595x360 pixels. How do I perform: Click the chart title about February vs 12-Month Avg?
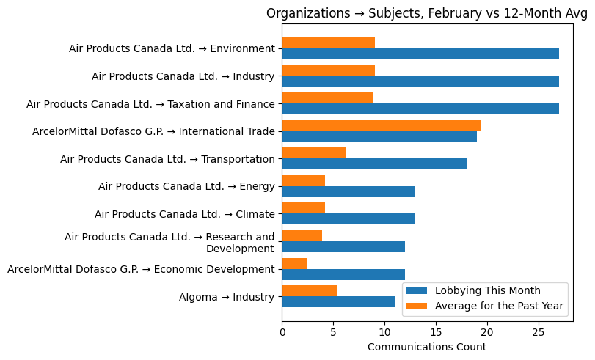point(426,13)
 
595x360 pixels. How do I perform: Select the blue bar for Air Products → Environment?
point(420,54)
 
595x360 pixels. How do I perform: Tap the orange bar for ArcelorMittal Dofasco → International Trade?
point(381,125)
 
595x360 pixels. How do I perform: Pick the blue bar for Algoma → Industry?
point(338,301)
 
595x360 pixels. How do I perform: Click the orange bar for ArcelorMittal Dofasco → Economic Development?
point(294,263)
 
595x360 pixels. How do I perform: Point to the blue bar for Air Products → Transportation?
point(374,164)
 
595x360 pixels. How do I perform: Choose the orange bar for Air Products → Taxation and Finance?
point(327,98)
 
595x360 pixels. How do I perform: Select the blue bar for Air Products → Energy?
point(348,191)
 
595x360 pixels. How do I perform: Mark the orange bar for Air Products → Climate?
point(303,208)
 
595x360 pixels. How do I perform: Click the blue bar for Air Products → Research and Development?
point(343,246)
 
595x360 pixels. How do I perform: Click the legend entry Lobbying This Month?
point(487,290)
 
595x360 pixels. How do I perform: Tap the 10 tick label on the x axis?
point(384,331)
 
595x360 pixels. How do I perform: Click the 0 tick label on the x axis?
point(282,331)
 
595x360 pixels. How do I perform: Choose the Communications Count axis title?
point(426,347)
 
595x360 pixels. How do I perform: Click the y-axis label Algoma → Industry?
point(227,297)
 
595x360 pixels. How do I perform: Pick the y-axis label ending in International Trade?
point(153,132)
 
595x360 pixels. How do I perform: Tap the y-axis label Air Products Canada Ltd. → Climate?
point(184,214)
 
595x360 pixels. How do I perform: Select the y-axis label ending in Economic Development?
point(141,269)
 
